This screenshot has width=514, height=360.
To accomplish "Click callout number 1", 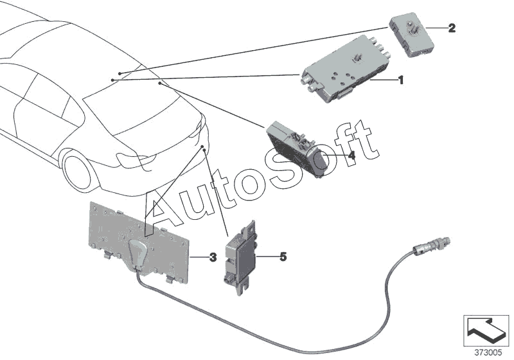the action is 400,81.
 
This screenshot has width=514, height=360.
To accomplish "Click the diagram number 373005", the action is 488,352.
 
